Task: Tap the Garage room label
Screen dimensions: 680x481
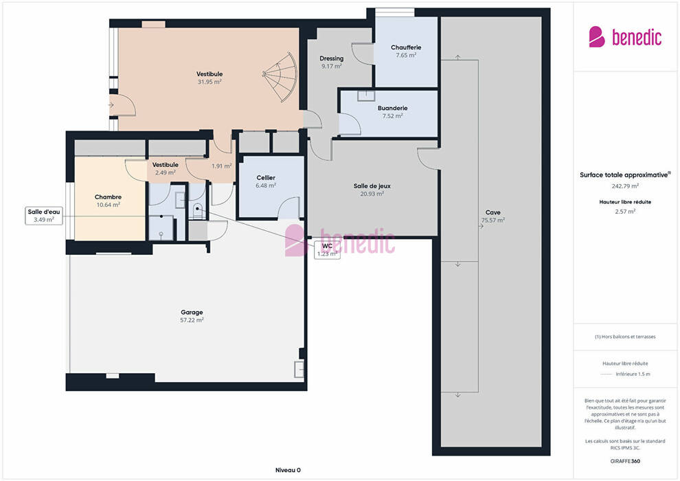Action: click(192, 312)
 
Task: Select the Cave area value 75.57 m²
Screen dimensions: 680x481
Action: click(493, 221)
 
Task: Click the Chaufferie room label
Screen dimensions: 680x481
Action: click(406, 47)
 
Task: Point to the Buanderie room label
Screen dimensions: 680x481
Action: click(392, 108)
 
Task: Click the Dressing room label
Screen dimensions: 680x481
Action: click(331, 58)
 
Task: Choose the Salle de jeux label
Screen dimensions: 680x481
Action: click(372, 186)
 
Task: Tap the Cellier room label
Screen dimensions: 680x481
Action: click(266, 178)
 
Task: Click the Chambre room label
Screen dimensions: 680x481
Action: click(108, 197)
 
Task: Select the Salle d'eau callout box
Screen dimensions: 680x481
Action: click(44, 216)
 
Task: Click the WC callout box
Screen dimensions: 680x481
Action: click(327, 250)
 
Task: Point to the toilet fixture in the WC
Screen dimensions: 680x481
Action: click(197, 211)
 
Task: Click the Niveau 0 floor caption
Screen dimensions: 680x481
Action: click(288, 470)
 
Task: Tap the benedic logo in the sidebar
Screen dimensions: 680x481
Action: click(625, 37)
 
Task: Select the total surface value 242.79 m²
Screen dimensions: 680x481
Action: click(625, 186)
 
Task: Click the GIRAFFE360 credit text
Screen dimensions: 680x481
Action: click(625, 461)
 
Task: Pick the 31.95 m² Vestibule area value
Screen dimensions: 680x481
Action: click(209, 82)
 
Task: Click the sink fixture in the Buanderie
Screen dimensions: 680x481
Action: click(366, 96)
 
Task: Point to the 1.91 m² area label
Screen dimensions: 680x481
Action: click(222, 166)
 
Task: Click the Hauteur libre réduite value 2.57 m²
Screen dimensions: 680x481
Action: click(625, 212)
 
